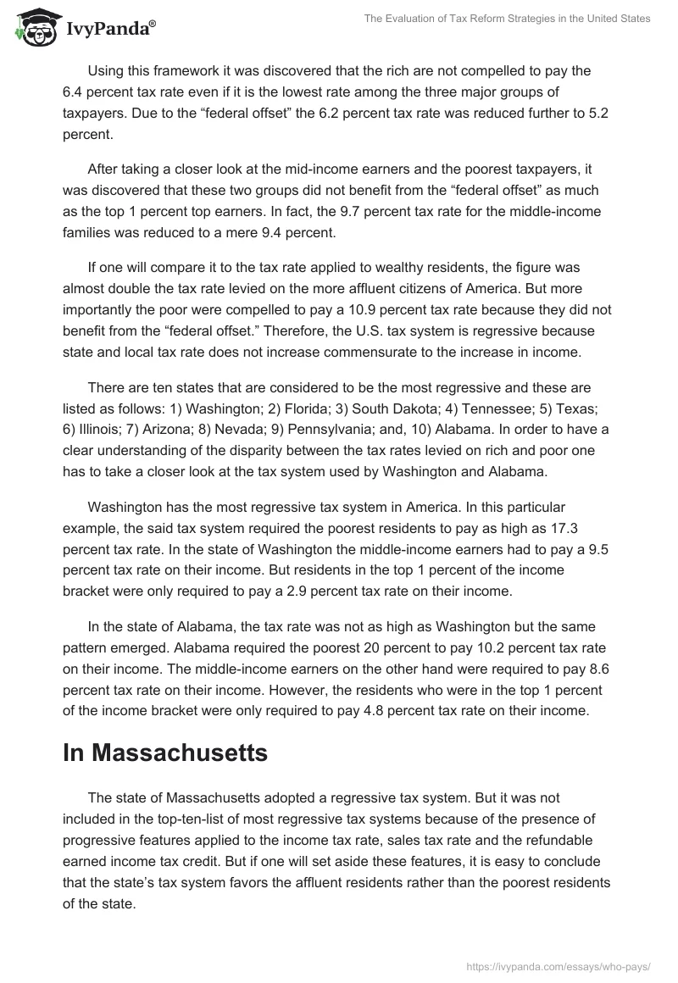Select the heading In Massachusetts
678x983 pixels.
[x=165, y=753]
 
